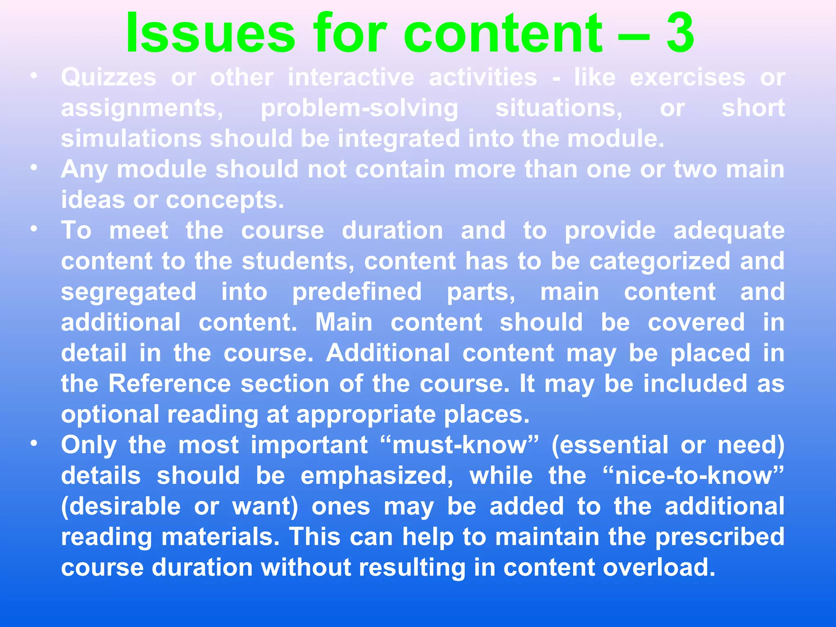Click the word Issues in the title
pyautogui.click(x=210, y=33)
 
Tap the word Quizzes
pyautogui.click(x=109, y=77)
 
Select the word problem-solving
pyautogui.click(x=359, y=109)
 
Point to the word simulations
pyautogui.click(x=131, y=138)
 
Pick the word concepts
pyautogui.click(x=225, y=200)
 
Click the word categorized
pyautogui.click(x=660, y=262)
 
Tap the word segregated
pyautogui.click(x=129, y=292)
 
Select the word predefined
pyautogui.click(x=357, y=292)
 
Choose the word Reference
pyautogui.click(x=170, y=384)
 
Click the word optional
pyautogui.click(x=110, y=415)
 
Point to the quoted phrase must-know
pyautogui.click(x=460, y=445)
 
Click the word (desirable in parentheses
pyautogui.click(x=121, y=507)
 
